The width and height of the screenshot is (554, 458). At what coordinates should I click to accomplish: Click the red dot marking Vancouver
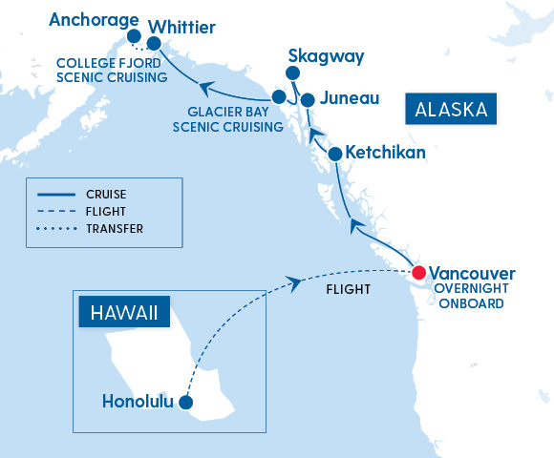point(418,273)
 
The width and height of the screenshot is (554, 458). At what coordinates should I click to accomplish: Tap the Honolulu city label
point(138,402)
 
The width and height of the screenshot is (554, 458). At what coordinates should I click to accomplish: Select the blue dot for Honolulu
point(186,403)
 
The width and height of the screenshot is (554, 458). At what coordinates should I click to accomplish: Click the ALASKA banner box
point(452,109)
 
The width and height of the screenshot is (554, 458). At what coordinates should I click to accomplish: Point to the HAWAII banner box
point(123,312)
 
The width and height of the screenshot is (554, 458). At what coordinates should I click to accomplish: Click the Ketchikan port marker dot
point(335,154)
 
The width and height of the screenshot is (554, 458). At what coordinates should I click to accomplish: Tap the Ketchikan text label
point(385,153)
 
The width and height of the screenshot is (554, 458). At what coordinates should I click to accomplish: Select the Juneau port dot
point(308,99)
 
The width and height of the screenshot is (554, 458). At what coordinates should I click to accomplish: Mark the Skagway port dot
point(292,73)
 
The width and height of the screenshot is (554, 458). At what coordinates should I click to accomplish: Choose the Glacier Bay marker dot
point(278,96)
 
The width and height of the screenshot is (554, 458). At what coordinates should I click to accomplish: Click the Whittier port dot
point(154,43)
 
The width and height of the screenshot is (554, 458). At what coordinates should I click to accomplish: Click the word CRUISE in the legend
point(106,195)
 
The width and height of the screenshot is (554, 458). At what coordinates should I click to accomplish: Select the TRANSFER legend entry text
point(115,229)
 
